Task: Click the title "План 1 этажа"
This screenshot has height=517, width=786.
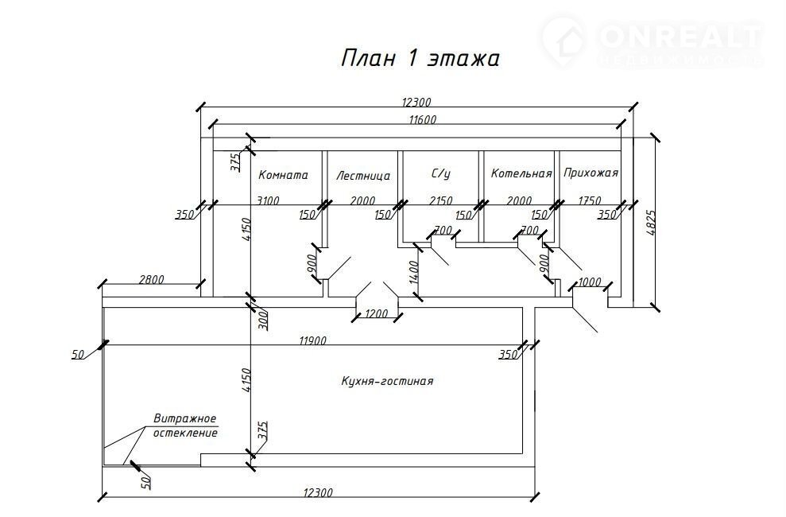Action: pyautogui.click(x=420, y=59)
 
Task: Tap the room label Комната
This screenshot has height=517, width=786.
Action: pyautogui.click(x=283, y=175)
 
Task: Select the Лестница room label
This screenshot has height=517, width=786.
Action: pyautogui.click(x=362, y=176)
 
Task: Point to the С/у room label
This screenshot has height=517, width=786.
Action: pyautogui.click(x=441, y=173)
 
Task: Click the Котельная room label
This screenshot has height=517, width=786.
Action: pyautogui.click(x=521, y=173)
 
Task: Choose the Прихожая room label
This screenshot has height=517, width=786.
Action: pyautogui.click(x=590, y=173)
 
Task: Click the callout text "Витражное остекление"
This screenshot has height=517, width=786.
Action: pyautogui.click(x=186, y=426)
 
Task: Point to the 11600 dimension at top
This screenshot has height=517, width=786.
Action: pyautogui.click(x=423, y=119)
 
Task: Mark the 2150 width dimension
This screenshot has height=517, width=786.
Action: pyautogui.click(x=440, y=200)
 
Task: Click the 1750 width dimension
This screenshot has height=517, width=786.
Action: pyautogui.click(x=590, y=200)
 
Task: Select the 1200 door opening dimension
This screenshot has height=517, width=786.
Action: pyautogui.click(x=378, y=314)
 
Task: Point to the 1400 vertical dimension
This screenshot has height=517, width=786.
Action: pyautogui.click(x=412, y=272)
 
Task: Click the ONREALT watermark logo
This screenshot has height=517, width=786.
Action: pyautogui.click(x=652, y=40)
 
